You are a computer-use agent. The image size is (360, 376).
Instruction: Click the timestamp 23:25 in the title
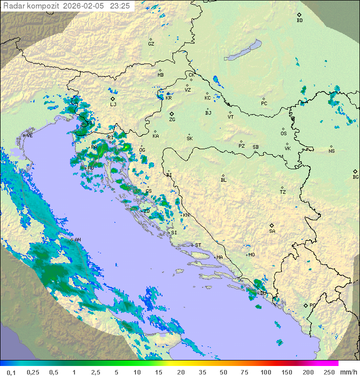point(119,6)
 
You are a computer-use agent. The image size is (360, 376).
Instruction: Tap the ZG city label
point(172,120)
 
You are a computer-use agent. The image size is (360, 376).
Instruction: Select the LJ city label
point(113,105)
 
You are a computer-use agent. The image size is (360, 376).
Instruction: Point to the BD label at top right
point(299,21)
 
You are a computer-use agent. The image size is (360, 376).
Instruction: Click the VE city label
point(29,136)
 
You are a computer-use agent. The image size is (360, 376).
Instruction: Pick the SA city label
point(272,231)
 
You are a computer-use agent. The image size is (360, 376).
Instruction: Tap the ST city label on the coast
point(198,245)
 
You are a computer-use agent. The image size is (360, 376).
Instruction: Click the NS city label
point(331,151)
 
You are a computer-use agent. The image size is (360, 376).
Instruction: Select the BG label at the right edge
point(355,177)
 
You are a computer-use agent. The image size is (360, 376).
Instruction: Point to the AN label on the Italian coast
point(77,240)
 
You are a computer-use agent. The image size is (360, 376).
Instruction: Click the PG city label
point(312,305)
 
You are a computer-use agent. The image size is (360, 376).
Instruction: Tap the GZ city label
point(151,44)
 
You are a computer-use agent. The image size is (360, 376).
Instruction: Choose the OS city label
point(283,134)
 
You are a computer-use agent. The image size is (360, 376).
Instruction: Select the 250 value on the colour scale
point(329,372)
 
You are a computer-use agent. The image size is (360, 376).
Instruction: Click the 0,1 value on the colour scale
point(11,372)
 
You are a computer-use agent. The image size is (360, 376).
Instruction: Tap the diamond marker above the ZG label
point(171,114)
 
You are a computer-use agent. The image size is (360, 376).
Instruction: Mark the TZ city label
point(282,192)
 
